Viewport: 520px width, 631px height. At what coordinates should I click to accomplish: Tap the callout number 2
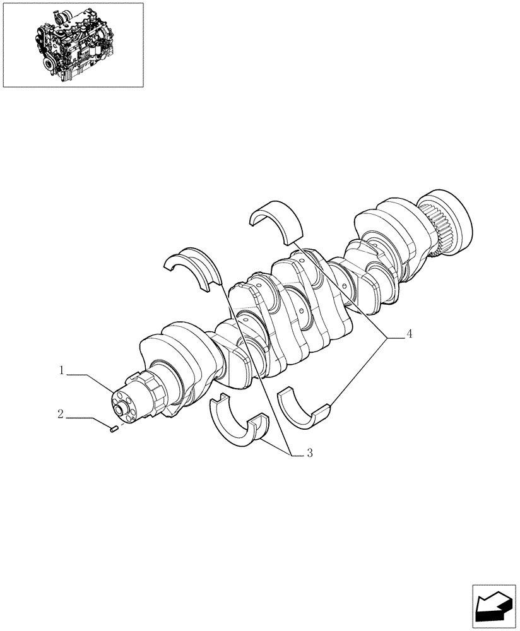[60, 415]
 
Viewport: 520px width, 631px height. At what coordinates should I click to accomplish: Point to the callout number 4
[409, 334]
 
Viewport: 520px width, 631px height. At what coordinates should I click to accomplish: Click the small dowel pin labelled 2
[114, 429]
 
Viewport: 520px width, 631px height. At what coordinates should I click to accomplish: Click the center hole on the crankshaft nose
[120, 409]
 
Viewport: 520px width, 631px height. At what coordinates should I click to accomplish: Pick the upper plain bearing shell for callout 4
[275, 221]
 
